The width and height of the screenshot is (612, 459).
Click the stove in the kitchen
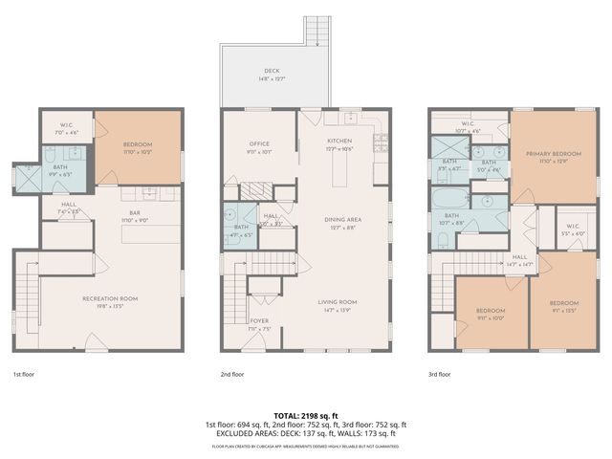[x=380, y=142]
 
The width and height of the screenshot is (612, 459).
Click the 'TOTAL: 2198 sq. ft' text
[x=305, y=416]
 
